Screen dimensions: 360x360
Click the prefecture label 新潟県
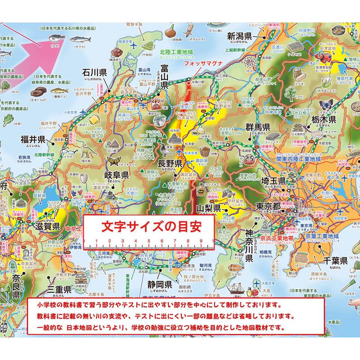245,36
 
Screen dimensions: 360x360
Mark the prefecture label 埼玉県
269,181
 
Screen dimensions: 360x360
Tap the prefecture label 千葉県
333,260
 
